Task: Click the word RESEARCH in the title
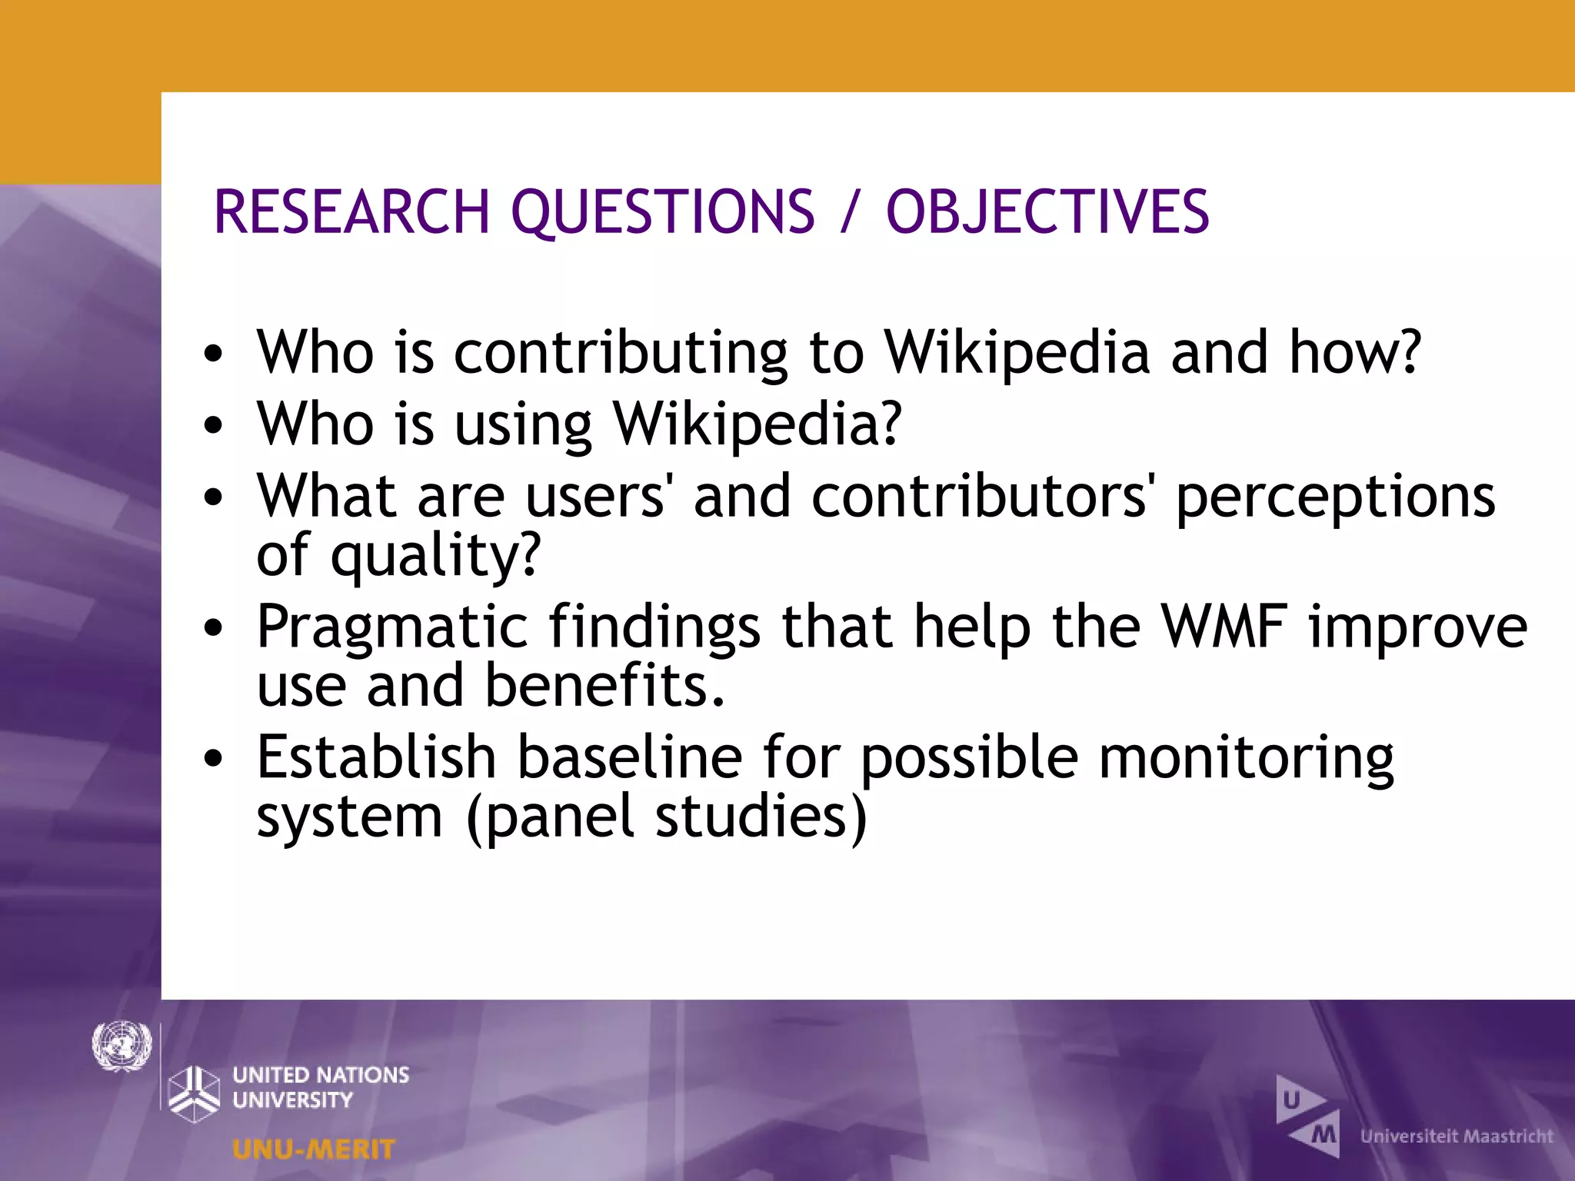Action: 351,211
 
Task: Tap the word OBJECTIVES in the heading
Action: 1047,211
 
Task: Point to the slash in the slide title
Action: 849,211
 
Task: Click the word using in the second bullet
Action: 523,424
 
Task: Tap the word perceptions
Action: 1335,497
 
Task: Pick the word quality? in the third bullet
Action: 436,555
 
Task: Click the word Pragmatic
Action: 392,627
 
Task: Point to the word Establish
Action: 376,757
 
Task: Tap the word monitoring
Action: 1246,757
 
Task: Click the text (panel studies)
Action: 666,817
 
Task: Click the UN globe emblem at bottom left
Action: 122,1046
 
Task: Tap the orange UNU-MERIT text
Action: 313,1149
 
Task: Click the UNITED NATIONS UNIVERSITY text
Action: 320,1086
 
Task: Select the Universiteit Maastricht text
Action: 1457,1136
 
